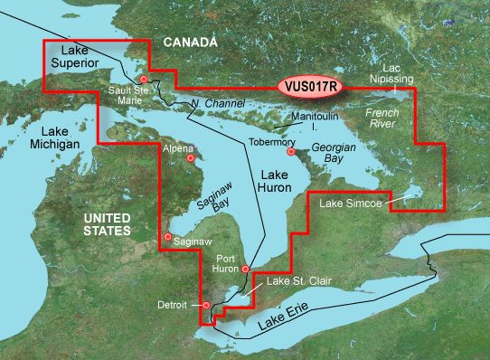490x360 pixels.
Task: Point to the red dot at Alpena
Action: [x=191, y=157]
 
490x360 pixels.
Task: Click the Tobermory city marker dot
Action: [x=291, y=152]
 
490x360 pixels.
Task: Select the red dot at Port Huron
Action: [x=246, y=269]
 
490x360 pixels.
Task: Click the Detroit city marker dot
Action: [x=206, y=306]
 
